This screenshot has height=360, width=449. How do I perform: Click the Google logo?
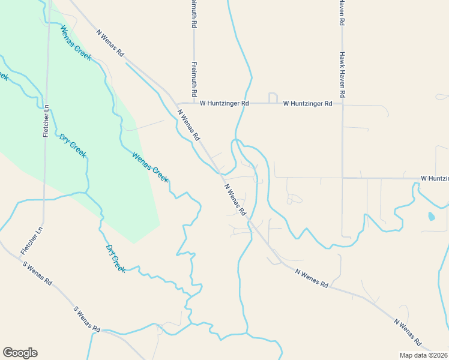(x=20, y=353)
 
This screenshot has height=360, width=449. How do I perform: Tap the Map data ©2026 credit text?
(x=424, y=355)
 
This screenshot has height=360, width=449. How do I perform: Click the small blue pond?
(x=431, y=215)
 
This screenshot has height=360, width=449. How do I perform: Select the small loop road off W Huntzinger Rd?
(x=273, y=98)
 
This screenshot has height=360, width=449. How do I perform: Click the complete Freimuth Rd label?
(x=194, y=80)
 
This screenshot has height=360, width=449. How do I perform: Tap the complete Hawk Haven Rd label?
(x=342, y=74)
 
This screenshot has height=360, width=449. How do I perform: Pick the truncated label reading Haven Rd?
(x=342, y=12)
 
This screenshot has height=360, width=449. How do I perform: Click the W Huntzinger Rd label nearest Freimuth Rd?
(x=224, y=103)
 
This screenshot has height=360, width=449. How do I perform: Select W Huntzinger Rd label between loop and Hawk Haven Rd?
(x=307, y=103)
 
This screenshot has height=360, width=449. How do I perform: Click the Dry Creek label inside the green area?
(x=73, y=146)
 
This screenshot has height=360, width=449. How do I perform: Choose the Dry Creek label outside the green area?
(x=116, y=259)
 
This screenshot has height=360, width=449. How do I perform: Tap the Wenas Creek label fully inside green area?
(x=76, y=43)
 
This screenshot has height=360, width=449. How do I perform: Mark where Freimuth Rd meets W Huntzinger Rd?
(x=194, y=103)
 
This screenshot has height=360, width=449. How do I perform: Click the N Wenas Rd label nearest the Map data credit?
(x=409, y=332)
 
